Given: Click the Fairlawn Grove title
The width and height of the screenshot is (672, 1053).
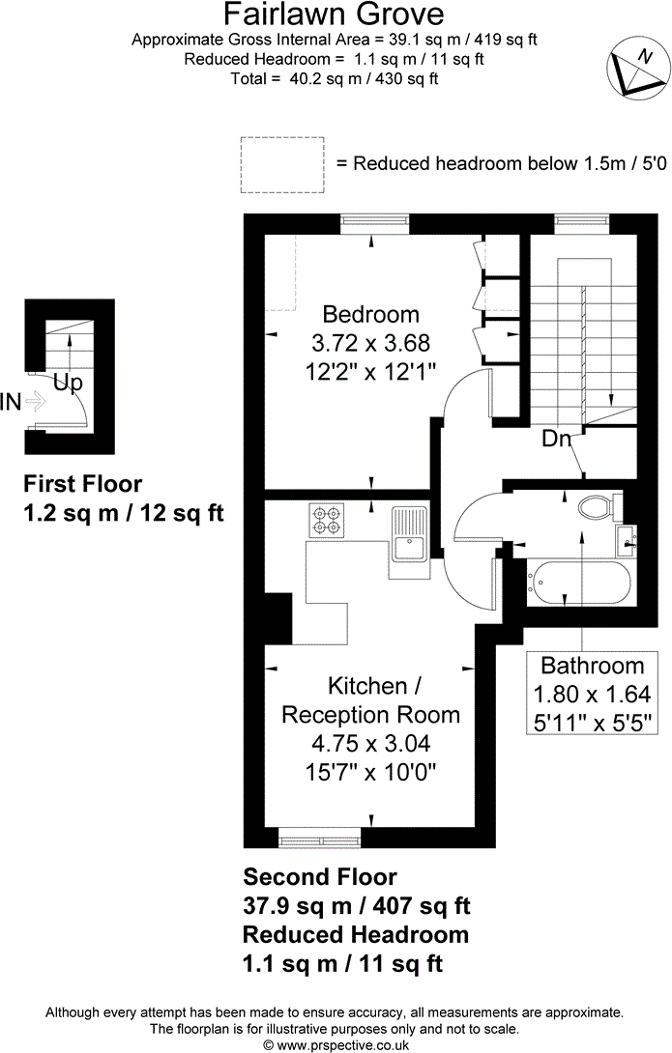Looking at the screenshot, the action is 334,14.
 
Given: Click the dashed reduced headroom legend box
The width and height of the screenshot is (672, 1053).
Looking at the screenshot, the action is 282,164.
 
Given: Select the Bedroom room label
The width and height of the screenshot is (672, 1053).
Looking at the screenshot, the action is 371,314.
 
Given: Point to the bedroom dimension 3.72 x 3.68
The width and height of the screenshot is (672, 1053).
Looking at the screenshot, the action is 371,343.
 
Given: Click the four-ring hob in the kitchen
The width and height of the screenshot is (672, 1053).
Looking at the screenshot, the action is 325,521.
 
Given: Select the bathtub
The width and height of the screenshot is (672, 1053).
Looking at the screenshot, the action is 579,583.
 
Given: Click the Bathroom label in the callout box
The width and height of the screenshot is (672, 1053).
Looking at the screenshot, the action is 592,666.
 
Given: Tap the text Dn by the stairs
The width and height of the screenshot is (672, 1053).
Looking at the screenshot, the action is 556,440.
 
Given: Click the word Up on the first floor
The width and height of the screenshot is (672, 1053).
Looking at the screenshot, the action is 68,384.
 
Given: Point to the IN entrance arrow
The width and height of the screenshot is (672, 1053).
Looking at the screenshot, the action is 35,402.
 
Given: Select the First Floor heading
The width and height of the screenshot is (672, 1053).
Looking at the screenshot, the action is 82,484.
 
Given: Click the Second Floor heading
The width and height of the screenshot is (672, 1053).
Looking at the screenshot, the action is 320,876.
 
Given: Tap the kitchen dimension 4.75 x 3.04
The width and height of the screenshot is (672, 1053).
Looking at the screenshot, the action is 371,744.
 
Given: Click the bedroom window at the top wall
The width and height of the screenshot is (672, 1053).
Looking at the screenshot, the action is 374,223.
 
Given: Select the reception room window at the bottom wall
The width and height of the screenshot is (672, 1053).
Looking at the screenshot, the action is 320,839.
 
